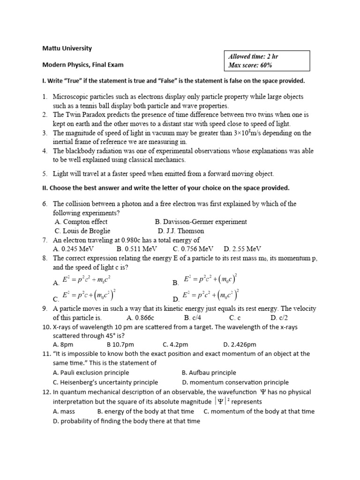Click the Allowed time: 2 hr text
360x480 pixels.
[x=253, y=56]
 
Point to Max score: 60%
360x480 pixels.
[x=250, y=65]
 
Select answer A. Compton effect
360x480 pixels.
[x=81, y=222]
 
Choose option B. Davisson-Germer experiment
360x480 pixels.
[x=201, y=222]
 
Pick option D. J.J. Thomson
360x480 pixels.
[x=181, y=231]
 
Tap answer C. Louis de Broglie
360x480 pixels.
[x=82, y=231]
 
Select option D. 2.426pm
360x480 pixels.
[x=240, y=345]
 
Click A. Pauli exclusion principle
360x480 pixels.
[x=91, y=373]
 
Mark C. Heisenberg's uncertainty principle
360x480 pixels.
[x=105, y=382]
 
